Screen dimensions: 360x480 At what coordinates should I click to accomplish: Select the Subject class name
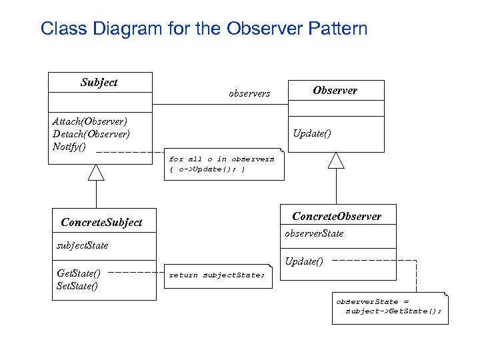click(x=99, y=83)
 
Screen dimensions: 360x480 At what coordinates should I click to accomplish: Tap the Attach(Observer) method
click(x=90, y=121)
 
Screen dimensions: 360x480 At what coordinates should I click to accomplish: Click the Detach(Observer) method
click(x=91, y=134)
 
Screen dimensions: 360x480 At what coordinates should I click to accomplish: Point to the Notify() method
click(x=69, y=147)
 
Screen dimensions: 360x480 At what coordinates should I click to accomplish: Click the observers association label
click(x=249, y=94)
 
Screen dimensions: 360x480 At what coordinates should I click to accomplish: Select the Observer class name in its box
click(x=335, y=91)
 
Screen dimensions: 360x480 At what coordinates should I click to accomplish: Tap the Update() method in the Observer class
click(x=312, y=134)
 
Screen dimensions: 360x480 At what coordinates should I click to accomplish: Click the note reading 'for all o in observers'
click(x=223, y=164)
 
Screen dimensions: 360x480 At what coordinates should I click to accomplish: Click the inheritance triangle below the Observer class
click(x=336, y=160)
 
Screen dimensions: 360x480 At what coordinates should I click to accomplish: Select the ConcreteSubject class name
click(x=101, y=223)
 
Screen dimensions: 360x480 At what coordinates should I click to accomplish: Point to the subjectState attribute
click(x=83, y=246)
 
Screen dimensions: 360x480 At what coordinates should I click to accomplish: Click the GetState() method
click(x=79, y=273)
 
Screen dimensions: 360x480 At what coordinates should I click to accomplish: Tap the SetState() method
click(x=77, y=287)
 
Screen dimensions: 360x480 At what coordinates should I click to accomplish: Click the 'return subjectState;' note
click(x=217, y=275)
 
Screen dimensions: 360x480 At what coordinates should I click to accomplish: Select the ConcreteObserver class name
click(x=337, y=217)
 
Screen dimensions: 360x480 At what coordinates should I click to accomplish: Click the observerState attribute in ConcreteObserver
click(x=314, y=234)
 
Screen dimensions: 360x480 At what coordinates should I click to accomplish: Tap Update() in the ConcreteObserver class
click(x=304, y=261)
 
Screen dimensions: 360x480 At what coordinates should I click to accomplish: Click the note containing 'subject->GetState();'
click(x=390, y=307)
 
